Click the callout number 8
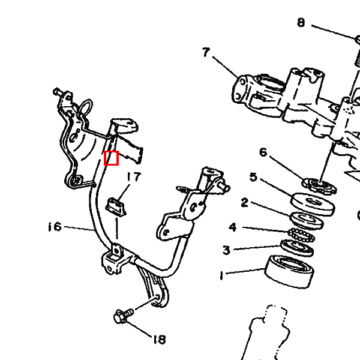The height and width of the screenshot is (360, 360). (301, 23)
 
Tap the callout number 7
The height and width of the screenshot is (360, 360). (206, 52)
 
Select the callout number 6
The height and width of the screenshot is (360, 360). (263, 152)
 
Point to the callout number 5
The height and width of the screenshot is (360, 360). (253, 177)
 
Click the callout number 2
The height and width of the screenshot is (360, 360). (245, 203)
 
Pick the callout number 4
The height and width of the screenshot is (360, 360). (233, 227)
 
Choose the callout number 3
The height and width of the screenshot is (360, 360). (226, 250)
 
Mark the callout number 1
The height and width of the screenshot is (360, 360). (221, 275)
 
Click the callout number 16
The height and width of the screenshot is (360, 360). (55, 227)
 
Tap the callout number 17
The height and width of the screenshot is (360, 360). (134, 177)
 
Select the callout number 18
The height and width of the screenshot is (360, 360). (160, 340)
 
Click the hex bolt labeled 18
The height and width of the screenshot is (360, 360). (124, 315)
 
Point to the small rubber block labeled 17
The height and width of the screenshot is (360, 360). (115, 206)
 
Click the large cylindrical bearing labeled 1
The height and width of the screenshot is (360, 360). (289, 271)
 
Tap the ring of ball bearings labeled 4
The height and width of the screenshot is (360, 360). (301, 235)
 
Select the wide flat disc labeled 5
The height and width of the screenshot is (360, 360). (313, 205)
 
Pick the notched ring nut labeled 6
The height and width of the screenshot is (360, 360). (319, 185)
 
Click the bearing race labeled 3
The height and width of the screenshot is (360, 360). (297, 247)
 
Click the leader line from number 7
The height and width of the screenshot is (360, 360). (226, 67)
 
